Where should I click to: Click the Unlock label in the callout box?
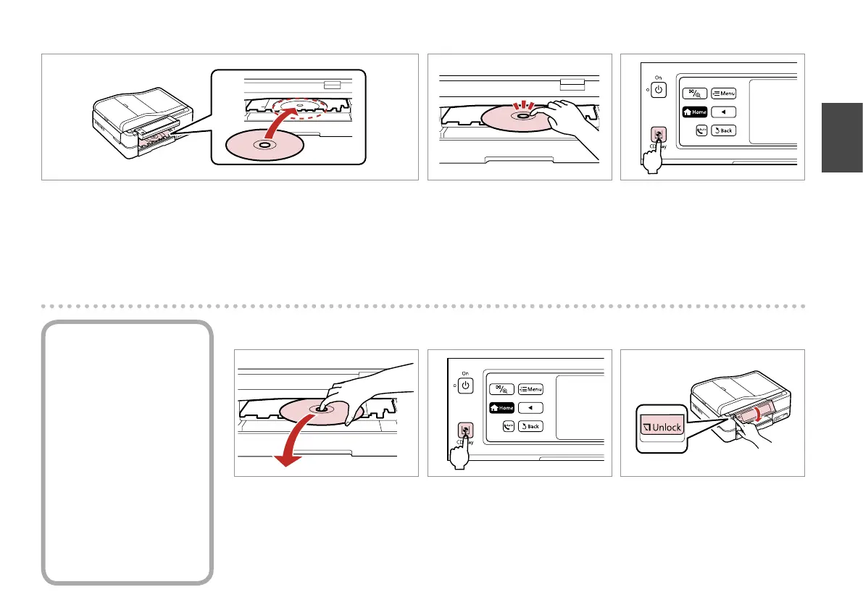[660, 427]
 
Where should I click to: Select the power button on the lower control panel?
[465, 385]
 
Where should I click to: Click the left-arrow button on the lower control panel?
[530, 407]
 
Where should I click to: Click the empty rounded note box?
[127, 452]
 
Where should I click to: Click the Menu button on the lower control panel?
[530, 389]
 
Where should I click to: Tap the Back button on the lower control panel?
[530, 426]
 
